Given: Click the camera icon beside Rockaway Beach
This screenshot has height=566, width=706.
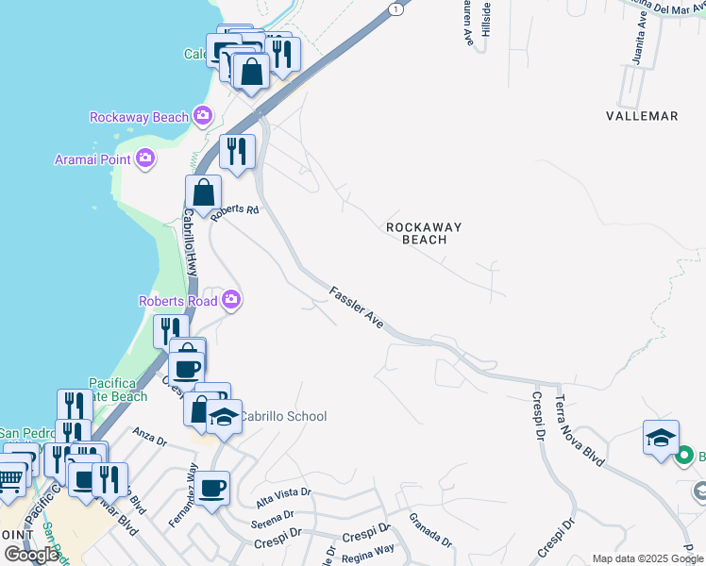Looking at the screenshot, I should coord(202,117).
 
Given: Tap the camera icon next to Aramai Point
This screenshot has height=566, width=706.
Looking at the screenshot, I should coord(144,158).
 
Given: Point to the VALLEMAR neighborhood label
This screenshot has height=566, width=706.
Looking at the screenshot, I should coord(642,116).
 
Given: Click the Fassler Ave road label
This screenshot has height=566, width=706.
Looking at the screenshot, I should coord(356,307).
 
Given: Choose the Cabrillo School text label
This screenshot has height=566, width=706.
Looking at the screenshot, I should coord(282,416).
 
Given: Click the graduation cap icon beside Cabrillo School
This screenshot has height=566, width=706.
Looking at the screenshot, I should coord(224,415).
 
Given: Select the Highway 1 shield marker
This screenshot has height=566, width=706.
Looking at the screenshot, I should coord(395,8).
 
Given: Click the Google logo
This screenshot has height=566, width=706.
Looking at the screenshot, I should coord(30,554).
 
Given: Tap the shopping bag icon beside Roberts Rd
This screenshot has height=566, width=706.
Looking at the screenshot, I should coord(203,192).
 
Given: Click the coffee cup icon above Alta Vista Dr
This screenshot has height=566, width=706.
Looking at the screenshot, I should coord(212,488).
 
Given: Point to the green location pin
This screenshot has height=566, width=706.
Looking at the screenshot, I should coord(685,457).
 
